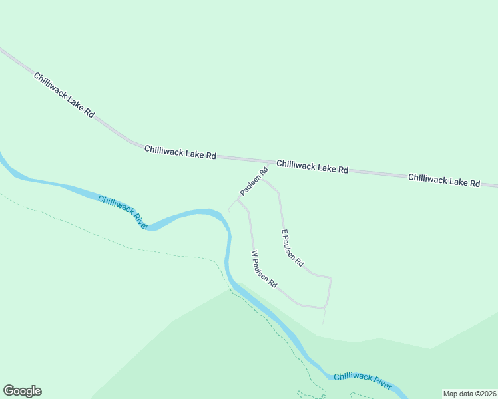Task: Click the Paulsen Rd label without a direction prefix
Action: click(x=254, y=181)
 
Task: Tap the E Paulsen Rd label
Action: click(x=292, y=249)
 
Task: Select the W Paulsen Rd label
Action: click(x=264, y=269)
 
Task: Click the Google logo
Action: click(x=22, y=391)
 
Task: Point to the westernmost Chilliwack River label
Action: click(x=123, y=212)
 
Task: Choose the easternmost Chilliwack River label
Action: click(x=363, y=380)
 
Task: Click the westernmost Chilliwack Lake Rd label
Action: click(x=64, y=96)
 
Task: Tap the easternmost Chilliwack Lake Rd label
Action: click(x=443, y=180)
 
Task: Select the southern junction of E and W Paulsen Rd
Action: click(x=325, y=308)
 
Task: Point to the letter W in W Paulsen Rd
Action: click(x=253, y=253)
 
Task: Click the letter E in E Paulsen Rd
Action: click(x=284, y=233)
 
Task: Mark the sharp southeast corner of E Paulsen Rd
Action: click(x=331, y=278)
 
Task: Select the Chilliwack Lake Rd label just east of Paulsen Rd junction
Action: click(x=312, y=166)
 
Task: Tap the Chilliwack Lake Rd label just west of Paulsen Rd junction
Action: click(x=180, y=152)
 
